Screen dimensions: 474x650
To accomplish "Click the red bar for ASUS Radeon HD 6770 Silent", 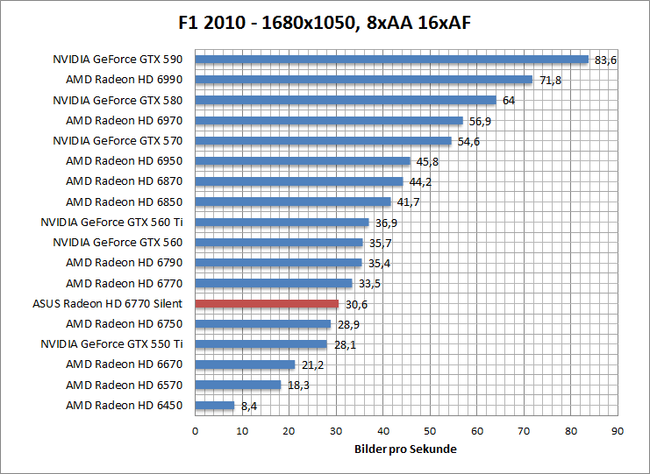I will (x=267, y=304).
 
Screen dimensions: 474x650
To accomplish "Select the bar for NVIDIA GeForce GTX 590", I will (x=391, y=60).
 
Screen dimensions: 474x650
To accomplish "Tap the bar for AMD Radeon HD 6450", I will (x=215, y=406).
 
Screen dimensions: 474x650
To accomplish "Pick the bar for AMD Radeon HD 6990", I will (x=363, y=80).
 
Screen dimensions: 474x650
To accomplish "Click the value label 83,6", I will (x=606, y=60).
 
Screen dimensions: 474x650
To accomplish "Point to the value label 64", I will (x=508, y=101).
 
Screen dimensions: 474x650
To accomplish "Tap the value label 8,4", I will (x=250, y=406).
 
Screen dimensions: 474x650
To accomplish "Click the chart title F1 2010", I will (x=325, y=21).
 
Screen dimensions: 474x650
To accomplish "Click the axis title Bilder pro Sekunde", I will (x=406, y=449).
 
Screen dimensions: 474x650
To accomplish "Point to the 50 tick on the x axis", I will (x=430, y=431).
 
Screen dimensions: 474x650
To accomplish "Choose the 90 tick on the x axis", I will (x=618, y=431).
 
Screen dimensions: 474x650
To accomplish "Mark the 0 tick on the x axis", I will (x=195, y=431).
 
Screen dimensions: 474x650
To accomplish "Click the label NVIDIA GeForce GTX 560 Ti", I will (x=111, y=223).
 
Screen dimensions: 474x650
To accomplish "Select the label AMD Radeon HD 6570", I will (x=124, y=385).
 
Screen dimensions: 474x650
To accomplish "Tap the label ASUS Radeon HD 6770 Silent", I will (x=107, y=304).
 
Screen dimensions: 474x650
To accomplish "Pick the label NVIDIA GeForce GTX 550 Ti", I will (x=111, y=344).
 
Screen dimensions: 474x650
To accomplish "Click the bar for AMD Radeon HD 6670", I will (x=245, y=364).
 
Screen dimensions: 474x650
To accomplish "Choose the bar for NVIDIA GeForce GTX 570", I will (x=323, y=141).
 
